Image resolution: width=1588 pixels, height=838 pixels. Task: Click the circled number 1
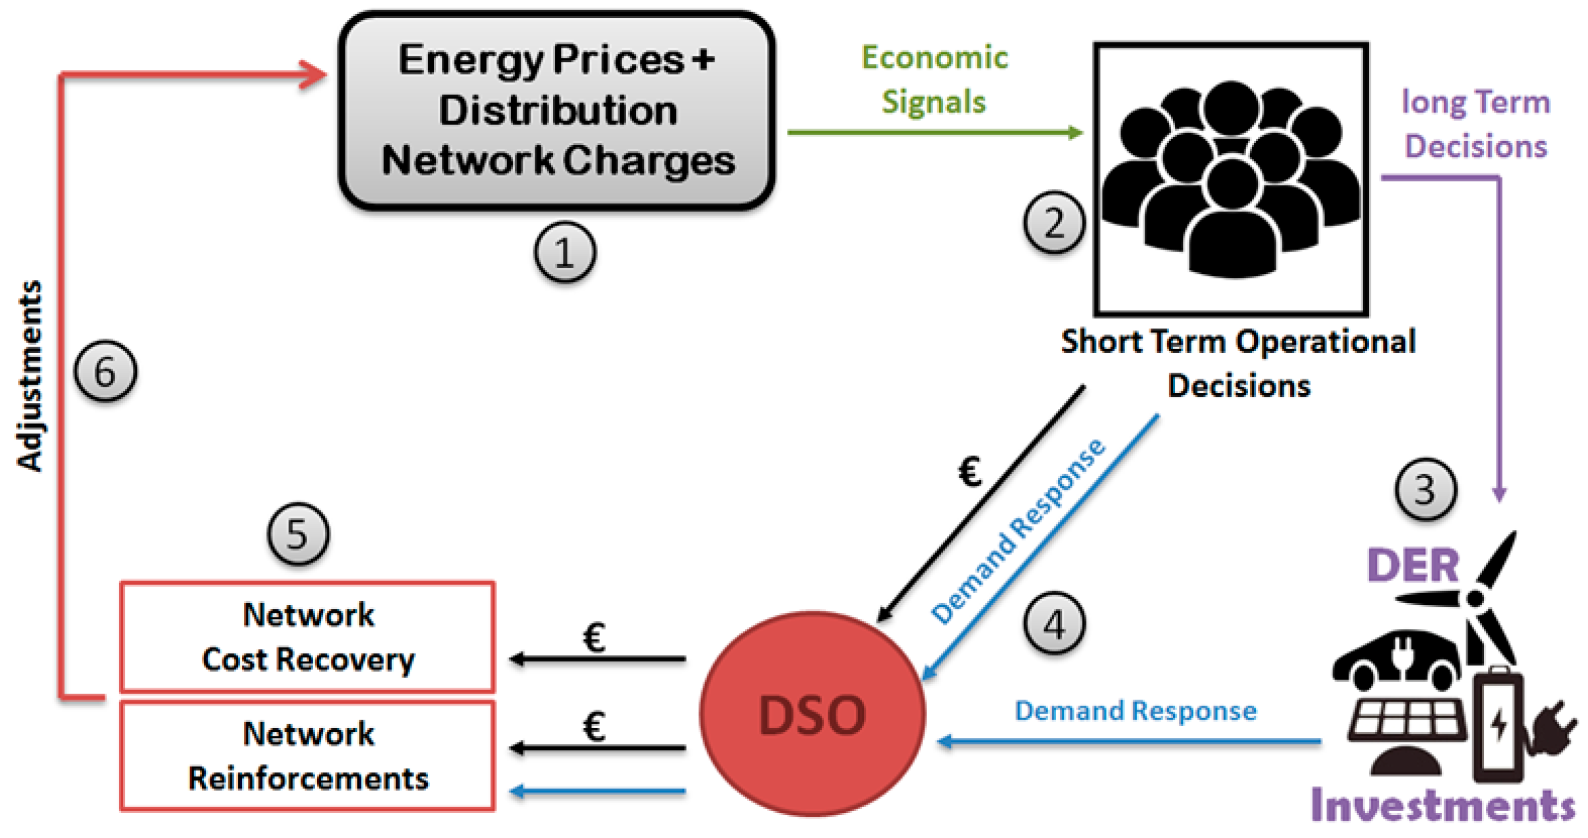[x=564, y=252]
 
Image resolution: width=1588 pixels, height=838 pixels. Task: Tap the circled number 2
[x=1053, y=222]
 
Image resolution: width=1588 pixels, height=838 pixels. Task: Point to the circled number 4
[x=1053, y=624]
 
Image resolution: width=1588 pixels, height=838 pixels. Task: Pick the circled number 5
[x=298, y=534]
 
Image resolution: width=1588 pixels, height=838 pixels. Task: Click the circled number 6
[x=105, y=371]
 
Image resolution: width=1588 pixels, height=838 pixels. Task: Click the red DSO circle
[x=812, y=714]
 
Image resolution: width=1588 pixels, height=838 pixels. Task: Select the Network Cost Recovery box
[x=308, y=637]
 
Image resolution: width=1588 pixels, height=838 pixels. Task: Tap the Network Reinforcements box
[x=308, y=756]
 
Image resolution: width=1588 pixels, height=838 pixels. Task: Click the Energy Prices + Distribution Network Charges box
[x=557, y=111]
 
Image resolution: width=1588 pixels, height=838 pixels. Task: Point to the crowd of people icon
[x=1231, y=179]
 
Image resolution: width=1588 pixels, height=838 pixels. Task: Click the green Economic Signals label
[x=934, y=79]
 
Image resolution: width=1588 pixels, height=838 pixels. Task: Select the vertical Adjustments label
[x=30, y=376]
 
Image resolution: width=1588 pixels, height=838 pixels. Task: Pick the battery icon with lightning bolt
[x=1498, y=725]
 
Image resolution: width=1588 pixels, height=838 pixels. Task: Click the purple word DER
[x=1412, y=566]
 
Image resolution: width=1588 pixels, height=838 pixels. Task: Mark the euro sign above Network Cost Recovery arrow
[x=594, y=638]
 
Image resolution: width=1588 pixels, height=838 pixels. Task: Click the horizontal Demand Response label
[x=1135, y=711]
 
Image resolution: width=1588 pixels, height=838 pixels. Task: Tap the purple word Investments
[x=1442, y=806]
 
